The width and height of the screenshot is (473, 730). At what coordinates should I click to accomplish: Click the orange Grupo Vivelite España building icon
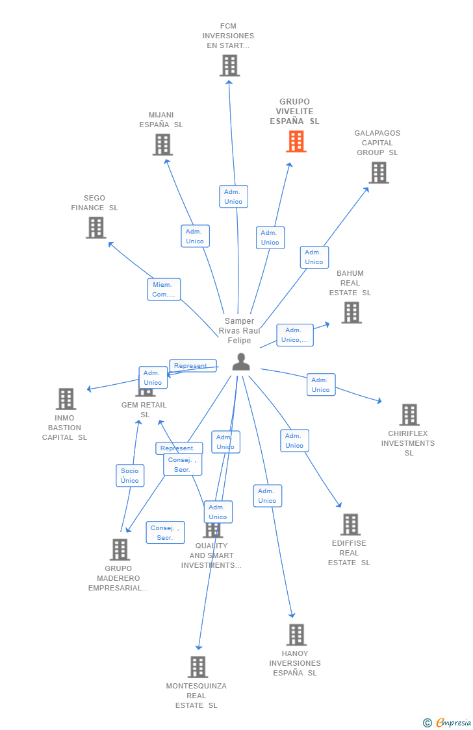(296, 141)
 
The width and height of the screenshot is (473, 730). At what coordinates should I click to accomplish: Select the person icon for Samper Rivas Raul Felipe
(241, 362)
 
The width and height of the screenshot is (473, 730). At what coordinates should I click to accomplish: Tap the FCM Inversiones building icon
(229, 66)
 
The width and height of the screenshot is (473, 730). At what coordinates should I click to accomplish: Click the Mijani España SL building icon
(162, 144)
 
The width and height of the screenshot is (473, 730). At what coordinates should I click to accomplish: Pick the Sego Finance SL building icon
(96, 227)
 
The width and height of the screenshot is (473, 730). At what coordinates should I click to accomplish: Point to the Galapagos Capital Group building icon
(379, 173)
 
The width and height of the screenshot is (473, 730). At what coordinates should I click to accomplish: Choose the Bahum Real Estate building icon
(352, 312)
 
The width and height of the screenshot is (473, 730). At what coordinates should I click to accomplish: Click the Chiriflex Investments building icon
(409, 415)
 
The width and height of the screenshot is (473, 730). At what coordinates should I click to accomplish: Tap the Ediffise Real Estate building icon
(350, 524)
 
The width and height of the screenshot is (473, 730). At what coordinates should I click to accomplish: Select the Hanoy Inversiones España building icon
(296, 635)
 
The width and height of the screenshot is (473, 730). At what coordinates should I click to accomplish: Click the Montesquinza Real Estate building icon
(198, 666)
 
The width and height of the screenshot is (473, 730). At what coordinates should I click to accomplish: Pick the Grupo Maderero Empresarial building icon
(120, 550)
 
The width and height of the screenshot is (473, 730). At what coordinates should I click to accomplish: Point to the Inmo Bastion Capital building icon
(66, 399)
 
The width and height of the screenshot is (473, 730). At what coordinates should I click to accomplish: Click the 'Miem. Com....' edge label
(164, 289)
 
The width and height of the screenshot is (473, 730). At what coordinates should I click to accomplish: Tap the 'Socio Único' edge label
(130, 476)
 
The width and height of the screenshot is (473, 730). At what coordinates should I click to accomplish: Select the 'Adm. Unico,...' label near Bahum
(295, 335)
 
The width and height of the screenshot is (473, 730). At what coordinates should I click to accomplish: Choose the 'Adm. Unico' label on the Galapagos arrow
(314, 257)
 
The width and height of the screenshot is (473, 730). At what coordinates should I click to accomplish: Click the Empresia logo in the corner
(447, 722)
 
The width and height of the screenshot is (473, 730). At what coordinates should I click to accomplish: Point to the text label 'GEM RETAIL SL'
(144, 409)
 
